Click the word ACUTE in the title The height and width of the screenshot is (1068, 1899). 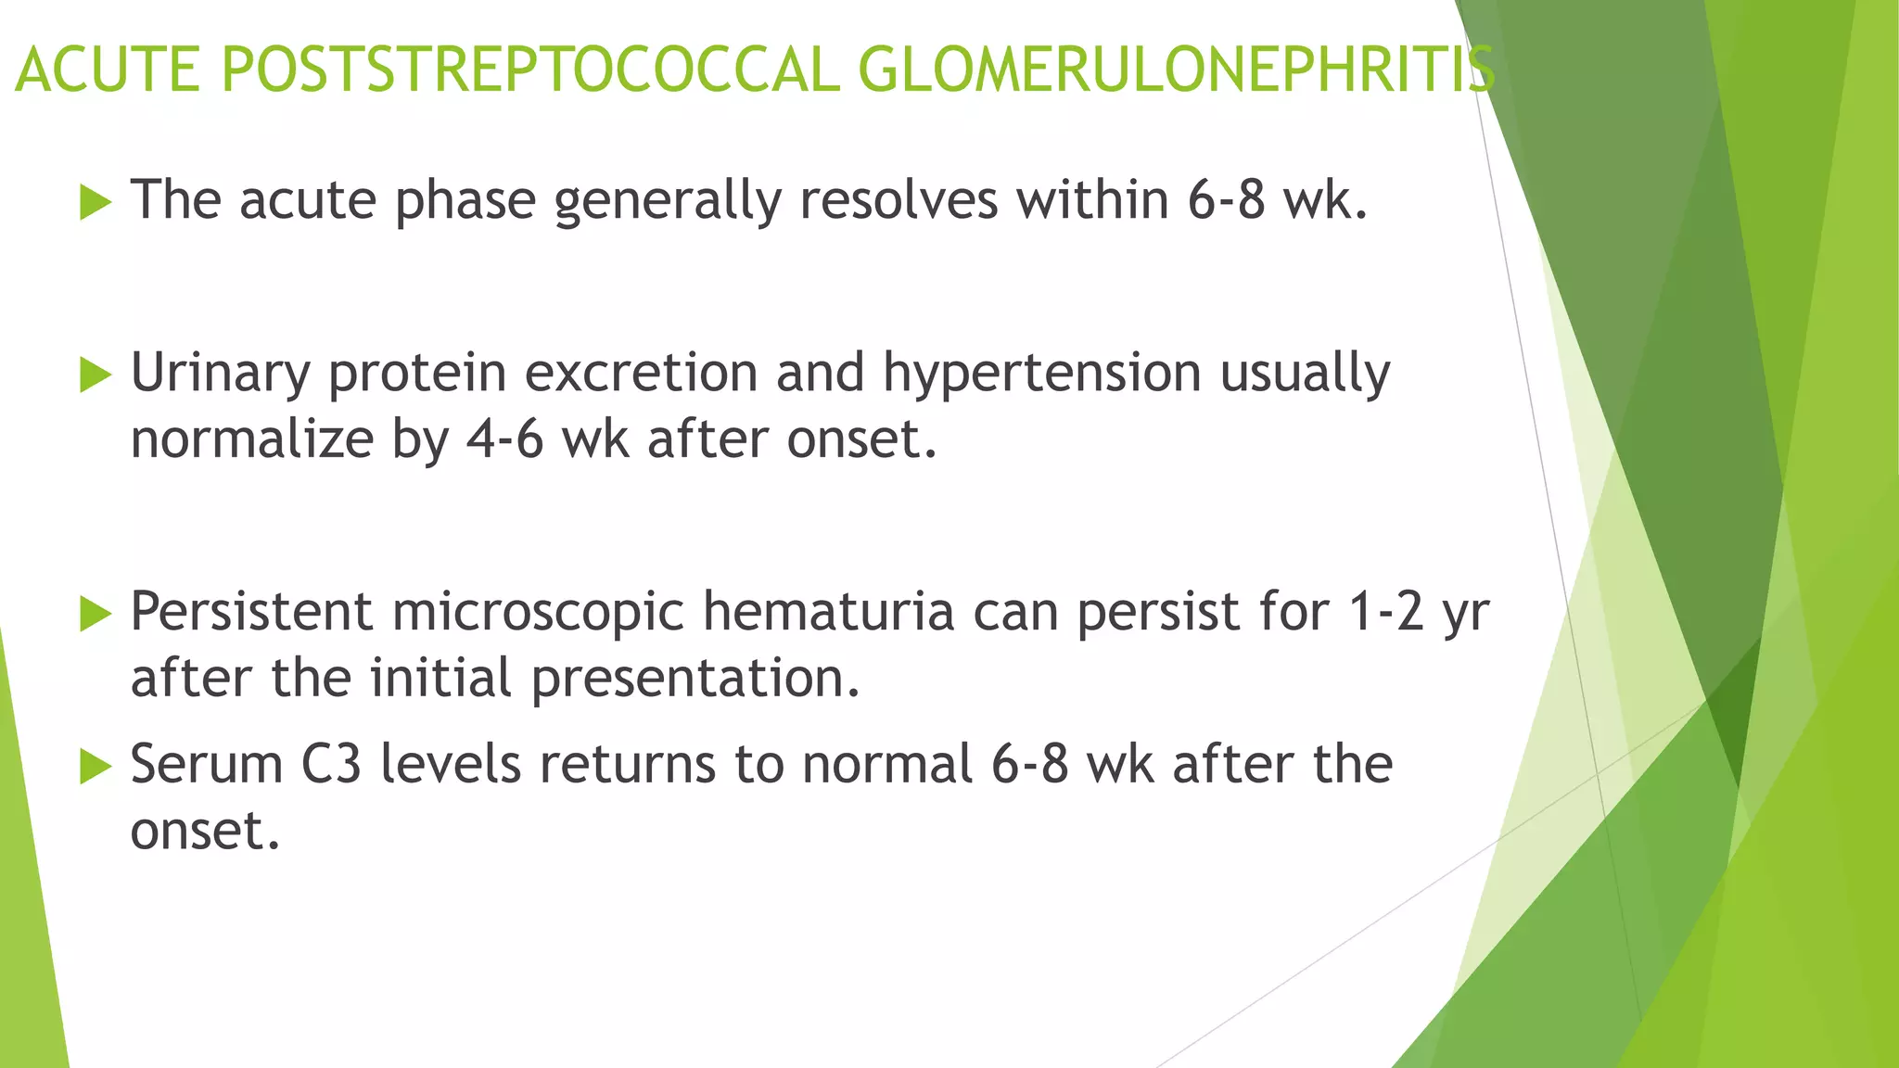[108, 70]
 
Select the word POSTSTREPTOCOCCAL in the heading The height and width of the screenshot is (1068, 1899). [531, 70]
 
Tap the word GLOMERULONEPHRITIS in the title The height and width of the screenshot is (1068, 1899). [1176, 70]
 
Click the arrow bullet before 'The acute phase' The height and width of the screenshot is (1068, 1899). [95, 201]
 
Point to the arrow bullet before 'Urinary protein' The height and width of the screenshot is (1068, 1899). [95, 375]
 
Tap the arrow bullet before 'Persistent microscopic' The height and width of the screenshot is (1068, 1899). [95, 614]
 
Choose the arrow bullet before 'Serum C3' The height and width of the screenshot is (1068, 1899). [95, 766]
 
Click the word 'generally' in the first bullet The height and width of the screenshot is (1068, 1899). [668, 201]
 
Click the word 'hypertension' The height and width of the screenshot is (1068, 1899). [1041, 374]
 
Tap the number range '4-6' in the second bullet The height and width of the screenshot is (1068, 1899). [503, 439]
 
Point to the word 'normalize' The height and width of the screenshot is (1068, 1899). [251, 439]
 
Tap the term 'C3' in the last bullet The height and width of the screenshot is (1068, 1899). [331, 765]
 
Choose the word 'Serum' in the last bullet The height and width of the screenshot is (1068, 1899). [206, 765]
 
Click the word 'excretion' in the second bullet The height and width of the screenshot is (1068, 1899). [641, 373]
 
